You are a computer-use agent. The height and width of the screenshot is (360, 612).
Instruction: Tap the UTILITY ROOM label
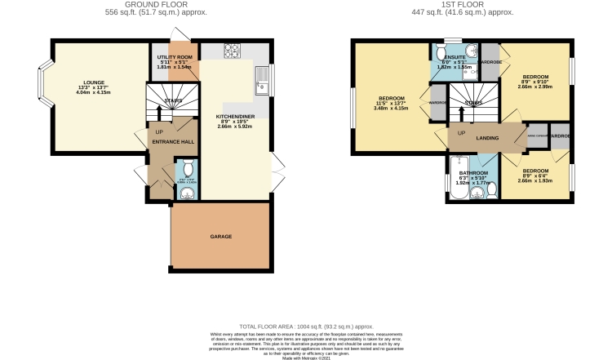pos(173,56)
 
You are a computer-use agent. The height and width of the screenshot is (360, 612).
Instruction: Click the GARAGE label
pos(221,237)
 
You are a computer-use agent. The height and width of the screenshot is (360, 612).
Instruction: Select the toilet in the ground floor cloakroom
pos(187,193)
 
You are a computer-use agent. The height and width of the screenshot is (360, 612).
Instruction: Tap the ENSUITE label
pos(455,57)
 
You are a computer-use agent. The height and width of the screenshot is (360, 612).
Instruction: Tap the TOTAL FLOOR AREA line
pos(306,325)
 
